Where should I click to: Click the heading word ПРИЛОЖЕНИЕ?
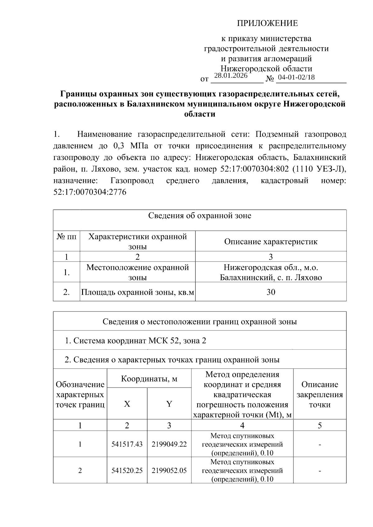(x=267, y=23)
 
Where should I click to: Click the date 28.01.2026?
(x=231, y=75)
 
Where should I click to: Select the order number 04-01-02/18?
(x=296, y=77)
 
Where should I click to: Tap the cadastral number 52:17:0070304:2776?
(x=90, y=192)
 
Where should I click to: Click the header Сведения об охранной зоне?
(x=200, y=216)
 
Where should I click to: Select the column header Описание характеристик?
(x=271, y=242)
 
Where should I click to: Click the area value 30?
(x=271, y=292)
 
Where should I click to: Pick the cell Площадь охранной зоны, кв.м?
(x=137, y=292)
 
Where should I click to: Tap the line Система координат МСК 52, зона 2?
(x=136, y=341)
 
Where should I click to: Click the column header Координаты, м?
(x=149, y=379)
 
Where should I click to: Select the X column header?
(x=127, y=404)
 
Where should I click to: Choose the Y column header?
(x=169, y=404)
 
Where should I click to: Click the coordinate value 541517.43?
(x=127, y=444)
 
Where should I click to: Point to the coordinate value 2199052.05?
(x=169, y=470)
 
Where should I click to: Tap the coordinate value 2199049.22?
(x=169, y=444)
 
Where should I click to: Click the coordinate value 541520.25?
(x=127, y=470)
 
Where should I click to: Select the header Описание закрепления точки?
(x=320, y=394)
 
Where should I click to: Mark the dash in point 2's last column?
(x=320, y=471)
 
